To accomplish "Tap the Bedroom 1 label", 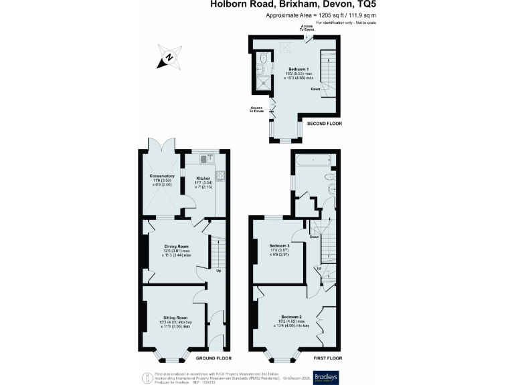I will coord(298,70).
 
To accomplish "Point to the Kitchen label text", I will coord(203,178).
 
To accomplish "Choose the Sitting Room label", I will coord(175,317).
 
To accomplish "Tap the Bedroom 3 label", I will coord(279,245).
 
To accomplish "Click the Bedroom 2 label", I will coord(292,316).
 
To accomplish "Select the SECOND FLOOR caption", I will coord(324,124).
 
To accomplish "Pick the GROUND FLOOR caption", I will coord(213,358).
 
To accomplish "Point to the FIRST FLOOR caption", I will coord(328,358).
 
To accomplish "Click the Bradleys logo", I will coord(327,375).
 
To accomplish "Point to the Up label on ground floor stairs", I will coord(218,271).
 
